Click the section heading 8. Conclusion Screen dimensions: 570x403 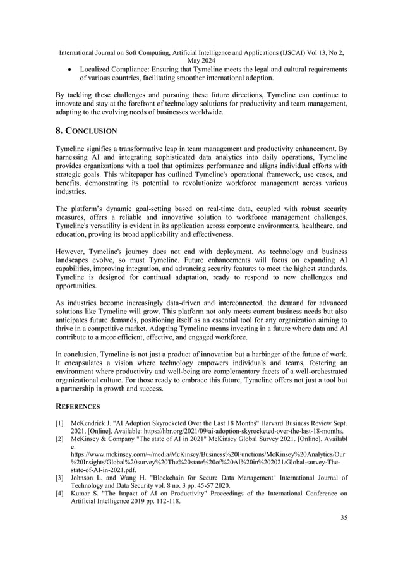86,131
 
